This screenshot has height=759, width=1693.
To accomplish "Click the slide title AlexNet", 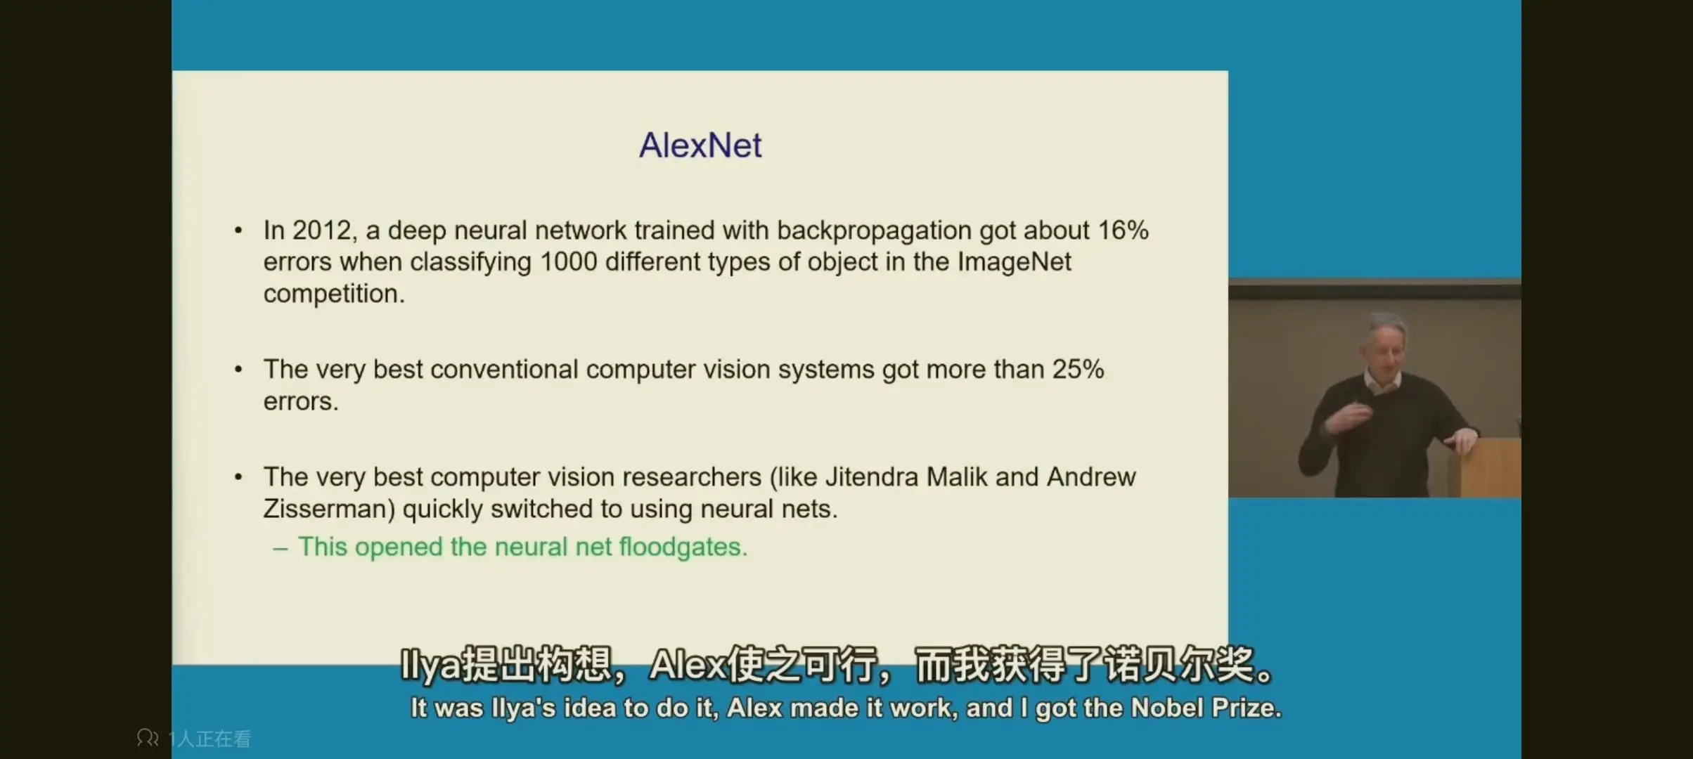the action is [700, 145].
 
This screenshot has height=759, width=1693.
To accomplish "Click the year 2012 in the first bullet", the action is [321, 231].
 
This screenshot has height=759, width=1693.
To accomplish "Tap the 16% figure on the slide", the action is [1123, 231].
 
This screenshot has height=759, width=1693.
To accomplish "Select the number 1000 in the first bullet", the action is [568, 262].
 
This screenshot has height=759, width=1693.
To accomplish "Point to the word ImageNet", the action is [1014, 262].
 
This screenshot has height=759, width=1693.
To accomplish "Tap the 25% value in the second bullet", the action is [1078, 370].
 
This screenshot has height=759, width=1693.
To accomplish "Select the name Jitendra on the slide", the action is [872, 477].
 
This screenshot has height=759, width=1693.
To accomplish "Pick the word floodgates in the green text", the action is [683, 547].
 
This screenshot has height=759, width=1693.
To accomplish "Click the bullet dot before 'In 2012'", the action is [238, 231].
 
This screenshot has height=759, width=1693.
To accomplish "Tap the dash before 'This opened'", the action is [281, 549].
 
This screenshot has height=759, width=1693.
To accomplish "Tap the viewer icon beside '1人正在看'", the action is [148, 738].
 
